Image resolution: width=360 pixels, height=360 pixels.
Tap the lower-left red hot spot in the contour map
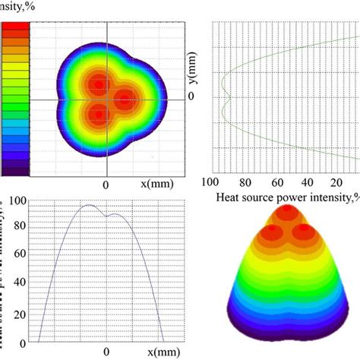tap(96, 115)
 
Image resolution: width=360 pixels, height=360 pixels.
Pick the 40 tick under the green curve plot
tap(308, 183)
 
